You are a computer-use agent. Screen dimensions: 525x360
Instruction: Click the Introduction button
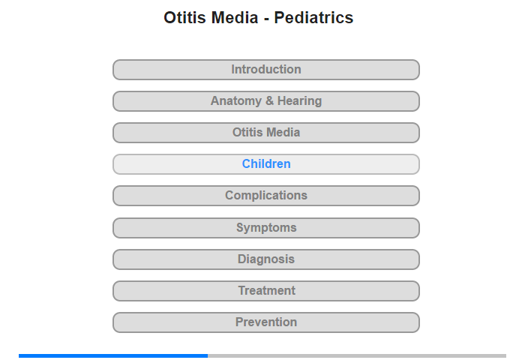(x=266, y=70)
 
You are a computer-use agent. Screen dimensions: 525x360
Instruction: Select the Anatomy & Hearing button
(x=266, y=101)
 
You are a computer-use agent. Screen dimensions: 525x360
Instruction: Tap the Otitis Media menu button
(x=266, y=133)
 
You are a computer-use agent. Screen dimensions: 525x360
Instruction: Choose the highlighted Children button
(x=266, y=164)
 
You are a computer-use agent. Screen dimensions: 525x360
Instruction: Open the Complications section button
(x=266, y=196)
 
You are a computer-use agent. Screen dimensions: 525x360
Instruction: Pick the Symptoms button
(x=266, y=228)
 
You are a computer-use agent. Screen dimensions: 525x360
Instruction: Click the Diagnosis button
(x=266, y=259)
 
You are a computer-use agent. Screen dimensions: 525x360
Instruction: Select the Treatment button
(x=266, y=291)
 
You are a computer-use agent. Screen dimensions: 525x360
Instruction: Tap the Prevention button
(x=266, y=322)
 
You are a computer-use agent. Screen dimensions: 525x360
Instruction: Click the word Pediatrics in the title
(x=313, y=17)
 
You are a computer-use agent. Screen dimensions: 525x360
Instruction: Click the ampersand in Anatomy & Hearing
(x=269, y=100)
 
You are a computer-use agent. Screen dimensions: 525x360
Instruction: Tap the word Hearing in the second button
(x=300, y=101)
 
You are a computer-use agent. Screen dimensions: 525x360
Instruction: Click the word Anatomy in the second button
(x=236, y=101)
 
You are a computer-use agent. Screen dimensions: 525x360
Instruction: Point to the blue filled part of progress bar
(x=113, y=355)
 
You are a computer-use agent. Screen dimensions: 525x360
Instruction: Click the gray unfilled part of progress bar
(x=357, y=355)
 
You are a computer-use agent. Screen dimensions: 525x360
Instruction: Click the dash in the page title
(x=266, y=19)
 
